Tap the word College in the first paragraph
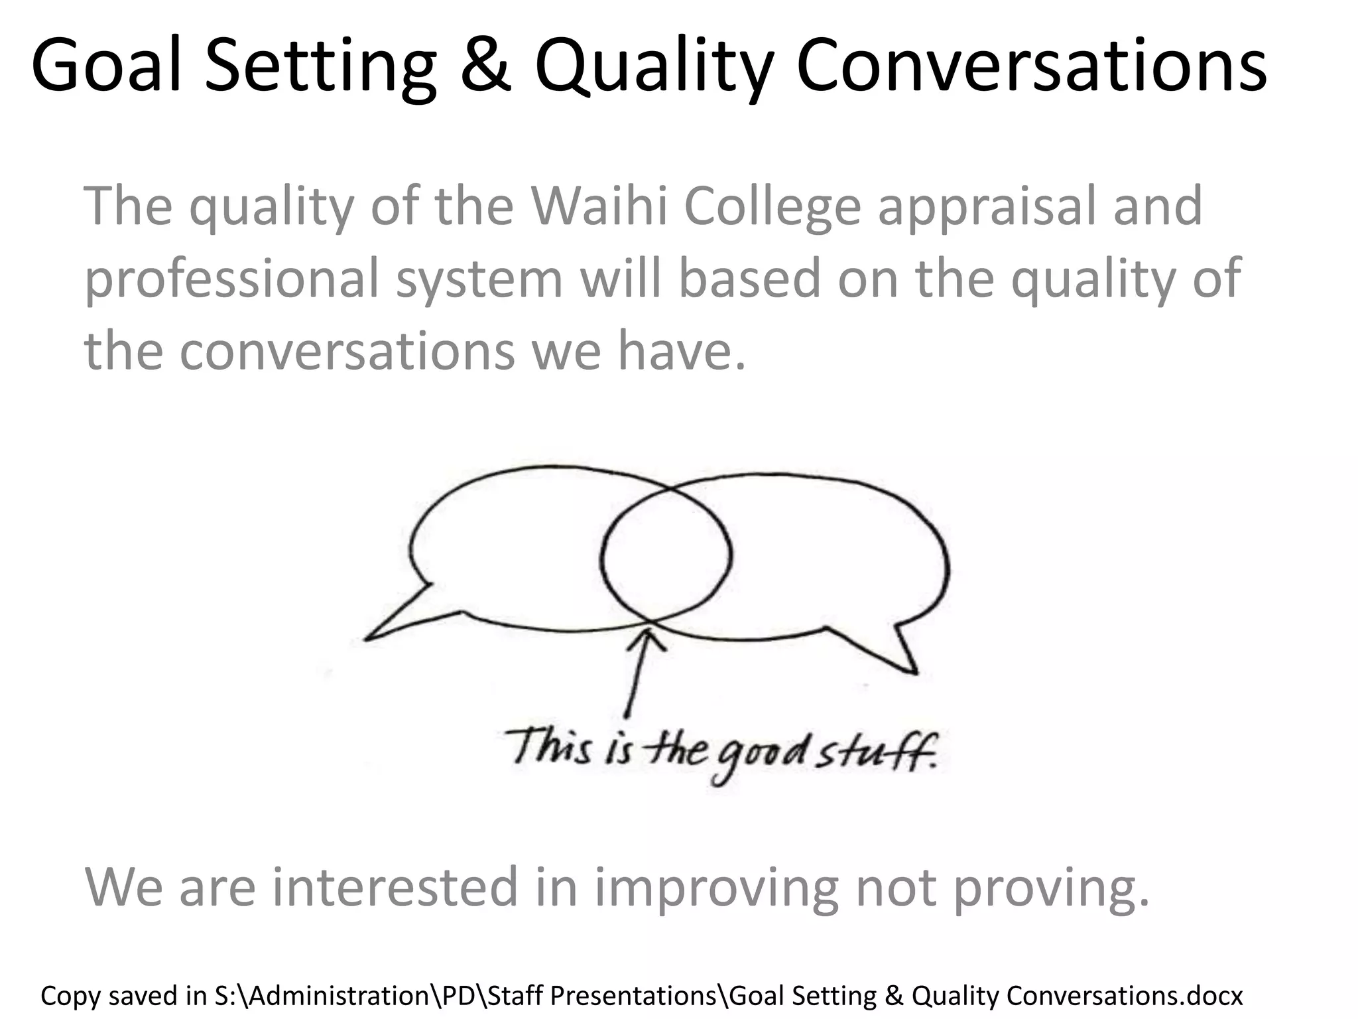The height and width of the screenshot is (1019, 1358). click(x=771, y=207)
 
